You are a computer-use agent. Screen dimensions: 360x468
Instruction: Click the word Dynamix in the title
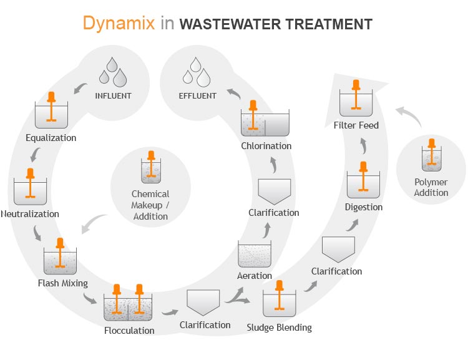pyautogui.click(x=117, y=23)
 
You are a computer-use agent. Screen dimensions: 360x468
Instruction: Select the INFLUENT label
pyautogui.click(x=113, y=96)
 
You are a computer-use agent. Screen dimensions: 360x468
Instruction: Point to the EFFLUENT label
pyautogui.click(x=197, y=96)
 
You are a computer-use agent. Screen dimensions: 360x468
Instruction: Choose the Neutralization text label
pyautogui.click(x=30, y=214)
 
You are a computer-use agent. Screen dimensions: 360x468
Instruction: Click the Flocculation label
pyautogui.click(x=129, y=330)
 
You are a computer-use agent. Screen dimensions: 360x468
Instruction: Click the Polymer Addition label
pyautogui.click(x=431, y=188)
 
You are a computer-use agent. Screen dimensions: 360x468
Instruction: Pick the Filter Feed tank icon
pyautogui.click(x=356, y=99)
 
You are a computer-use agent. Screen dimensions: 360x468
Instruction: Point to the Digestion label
pyautogui.click(x=364, y=207)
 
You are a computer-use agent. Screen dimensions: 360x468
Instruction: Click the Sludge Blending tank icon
pyautogui.click(x=279, y=299)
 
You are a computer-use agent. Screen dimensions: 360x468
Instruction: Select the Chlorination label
pyautogui.click(x=266, y=146)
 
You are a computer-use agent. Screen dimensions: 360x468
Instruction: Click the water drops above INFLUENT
pyautogui.click(x=113, y=71)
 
